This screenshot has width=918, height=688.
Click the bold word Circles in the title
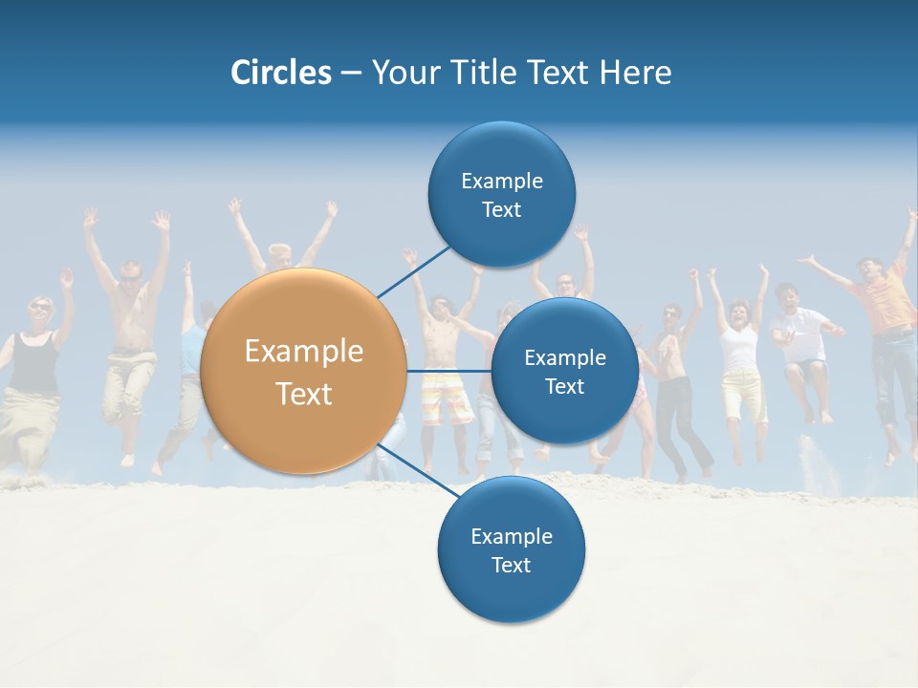(x=281, y=73)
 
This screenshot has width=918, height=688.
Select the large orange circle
(x=304, y=372)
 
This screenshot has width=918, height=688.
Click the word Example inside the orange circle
(x=304, y=352)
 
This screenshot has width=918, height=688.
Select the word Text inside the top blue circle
(x=502, y=210)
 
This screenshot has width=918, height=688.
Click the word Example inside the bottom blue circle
(x=512, y=537)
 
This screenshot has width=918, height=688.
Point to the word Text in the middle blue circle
(x=565, y=387)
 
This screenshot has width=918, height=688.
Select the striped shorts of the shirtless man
(x=447, y=396)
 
